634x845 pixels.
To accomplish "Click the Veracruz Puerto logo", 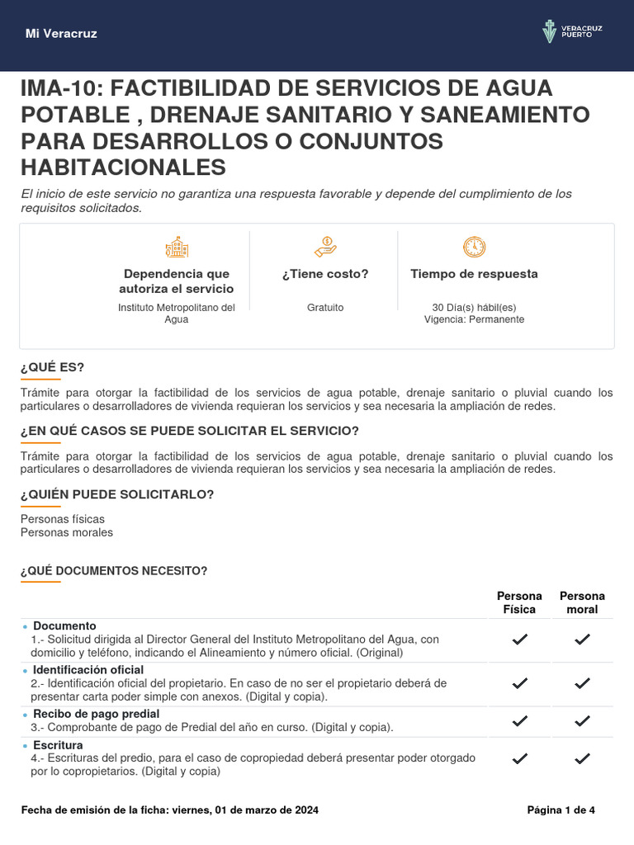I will coord(572,33).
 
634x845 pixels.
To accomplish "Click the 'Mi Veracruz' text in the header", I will coord(61,34).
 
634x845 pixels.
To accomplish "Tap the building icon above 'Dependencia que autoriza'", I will coord(176,247).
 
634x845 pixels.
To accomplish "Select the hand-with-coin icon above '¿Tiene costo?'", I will coord(325,247).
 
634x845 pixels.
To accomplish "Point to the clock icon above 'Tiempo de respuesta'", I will coord(474,247).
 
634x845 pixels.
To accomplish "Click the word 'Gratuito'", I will coord(325,308).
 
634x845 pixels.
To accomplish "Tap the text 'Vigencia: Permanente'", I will coord(474,319).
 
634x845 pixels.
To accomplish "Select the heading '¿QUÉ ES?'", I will coord(52,366).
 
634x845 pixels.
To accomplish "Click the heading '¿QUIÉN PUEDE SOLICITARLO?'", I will coord(117,494).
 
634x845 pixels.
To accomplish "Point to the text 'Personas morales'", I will coord(67,532).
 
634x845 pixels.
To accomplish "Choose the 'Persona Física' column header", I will coord(519,602).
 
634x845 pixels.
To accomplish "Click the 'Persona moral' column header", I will coord(582,602).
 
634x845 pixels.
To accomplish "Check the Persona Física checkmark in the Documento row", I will coord(520,640).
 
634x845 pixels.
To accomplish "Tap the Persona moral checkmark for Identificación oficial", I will coord(582,683).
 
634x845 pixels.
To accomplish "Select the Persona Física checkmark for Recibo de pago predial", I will coord(520,720).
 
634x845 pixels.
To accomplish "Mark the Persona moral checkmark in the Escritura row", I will coord(582,758).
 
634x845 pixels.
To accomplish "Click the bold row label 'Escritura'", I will coord(58,745).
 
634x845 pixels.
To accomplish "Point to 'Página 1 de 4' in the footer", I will coord(561,810).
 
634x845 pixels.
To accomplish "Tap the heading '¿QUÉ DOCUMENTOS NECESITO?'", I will coord(114,570).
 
